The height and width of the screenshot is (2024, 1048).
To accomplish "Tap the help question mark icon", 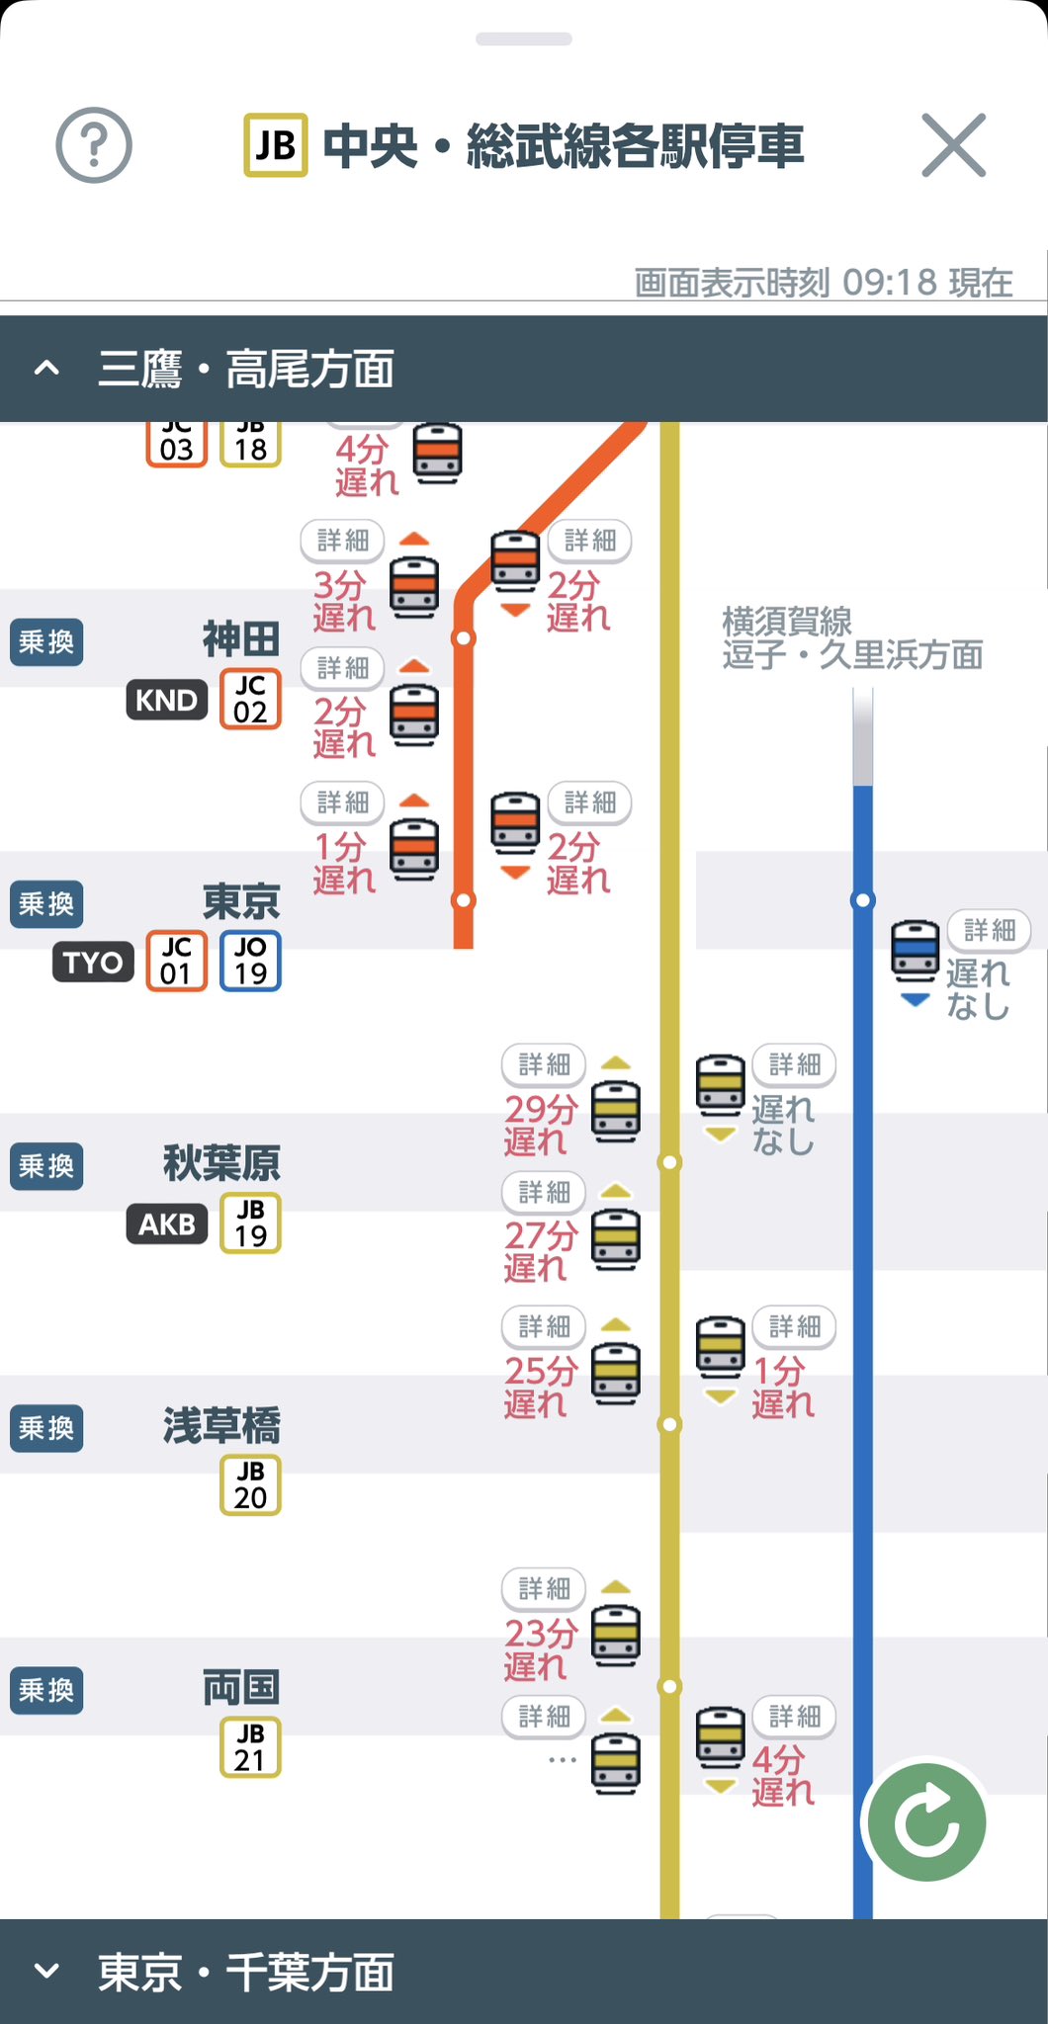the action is (94, 146).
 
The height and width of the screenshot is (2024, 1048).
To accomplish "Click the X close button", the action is (953, 145).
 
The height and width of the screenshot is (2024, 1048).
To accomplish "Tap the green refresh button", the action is (926, 1821).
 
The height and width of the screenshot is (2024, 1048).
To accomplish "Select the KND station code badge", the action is (167, 700).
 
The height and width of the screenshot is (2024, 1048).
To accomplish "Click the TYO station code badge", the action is (93, 962).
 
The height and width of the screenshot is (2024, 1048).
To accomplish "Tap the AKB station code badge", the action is (167, 1223).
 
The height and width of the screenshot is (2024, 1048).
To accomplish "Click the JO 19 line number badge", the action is (250, 961).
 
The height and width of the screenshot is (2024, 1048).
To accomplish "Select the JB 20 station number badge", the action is (250, 1484).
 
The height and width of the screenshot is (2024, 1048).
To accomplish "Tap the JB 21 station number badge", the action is (250, 1746).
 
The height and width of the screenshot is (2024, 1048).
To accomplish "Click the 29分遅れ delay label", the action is (540, 1125).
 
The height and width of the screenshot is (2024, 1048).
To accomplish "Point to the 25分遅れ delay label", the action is (540, 1387).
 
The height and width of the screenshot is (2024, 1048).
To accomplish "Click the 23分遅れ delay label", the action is (540, 1648).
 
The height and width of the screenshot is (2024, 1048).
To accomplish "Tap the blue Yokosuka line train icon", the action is (916, 951).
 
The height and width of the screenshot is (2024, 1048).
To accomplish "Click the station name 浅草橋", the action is (221, 1425).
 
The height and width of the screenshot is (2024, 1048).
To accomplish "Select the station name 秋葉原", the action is (221, 1163).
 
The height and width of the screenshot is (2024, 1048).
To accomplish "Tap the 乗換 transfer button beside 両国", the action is (46, 1690).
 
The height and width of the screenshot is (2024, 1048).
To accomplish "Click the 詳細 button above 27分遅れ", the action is (544, 1193).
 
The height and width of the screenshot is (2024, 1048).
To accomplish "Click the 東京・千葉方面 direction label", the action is (245, 1973).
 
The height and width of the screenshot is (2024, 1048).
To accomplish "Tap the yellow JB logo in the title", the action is (276, 146).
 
